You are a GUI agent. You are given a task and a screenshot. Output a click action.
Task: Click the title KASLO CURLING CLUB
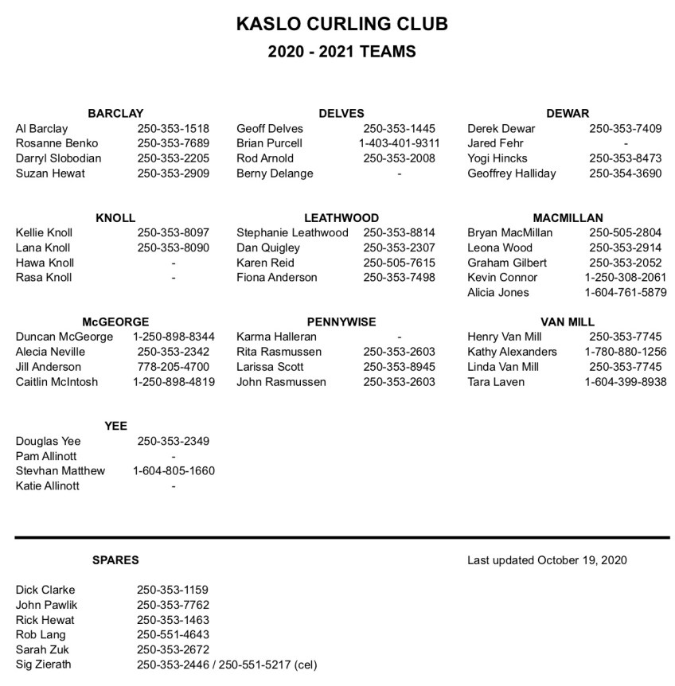[x=341, y=24]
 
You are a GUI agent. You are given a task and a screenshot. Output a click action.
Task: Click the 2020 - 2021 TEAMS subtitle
[x=341, y=52]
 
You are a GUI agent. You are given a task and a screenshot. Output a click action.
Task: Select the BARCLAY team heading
[x=115, y=113]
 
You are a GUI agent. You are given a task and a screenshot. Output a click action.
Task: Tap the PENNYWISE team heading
[x=341, y=322]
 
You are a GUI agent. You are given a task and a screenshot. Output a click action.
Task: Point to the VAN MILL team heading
[x=568, y=322]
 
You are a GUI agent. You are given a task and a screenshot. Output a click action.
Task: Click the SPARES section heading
[x=115, y=559]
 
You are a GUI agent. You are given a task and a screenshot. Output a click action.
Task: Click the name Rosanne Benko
[x=57, y=143]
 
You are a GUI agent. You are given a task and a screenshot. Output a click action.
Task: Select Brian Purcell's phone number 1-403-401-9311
[x=399, y=143]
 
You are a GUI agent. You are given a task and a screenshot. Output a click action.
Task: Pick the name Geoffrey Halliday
[x=511, y=173]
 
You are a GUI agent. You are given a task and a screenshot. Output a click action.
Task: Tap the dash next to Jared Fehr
[x=625, y=143]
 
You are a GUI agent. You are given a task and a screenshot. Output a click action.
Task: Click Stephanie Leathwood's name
[x=292, y=232]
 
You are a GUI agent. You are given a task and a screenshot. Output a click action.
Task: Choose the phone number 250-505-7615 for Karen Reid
[x=399, y=263]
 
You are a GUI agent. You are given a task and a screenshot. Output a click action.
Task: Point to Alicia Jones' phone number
[x=625, y=292]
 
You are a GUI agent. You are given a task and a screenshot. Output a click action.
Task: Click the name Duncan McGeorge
[x=64, y=337]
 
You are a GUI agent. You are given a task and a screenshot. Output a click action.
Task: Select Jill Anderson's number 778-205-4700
[x=173, y=367]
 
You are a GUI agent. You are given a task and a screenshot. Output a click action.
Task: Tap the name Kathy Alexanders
[x=512, y=352]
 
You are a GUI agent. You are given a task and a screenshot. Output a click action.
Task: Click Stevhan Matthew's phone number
[x=173, y=470]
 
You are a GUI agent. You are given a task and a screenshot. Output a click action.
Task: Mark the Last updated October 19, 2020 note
[x=547, y=559]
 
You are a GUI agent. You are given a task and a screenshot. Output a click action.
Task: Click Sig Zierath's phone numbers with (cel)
[x=226, y=665]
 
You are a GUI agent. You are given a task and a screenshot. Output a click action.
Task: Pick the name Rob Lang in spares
[x=41, y=634]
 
